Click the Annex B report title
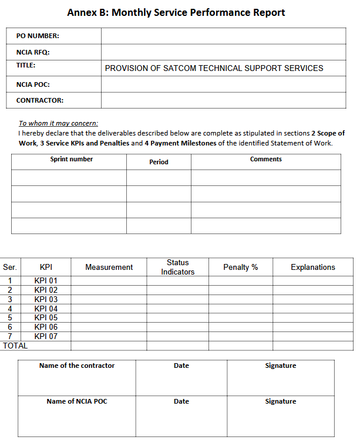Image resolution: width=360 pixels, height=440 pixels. (176, 12)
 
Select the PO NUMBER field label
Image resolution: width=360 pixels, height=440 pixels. (38, 36)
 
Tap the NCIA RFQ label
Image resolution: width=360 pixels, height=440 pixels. (33, 52)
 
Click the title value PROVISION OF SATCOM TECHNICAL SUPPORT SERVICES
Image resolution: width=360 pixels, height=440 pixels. (214, 68)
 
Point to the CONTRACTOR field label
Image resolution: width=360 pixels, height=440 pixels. (39, 100)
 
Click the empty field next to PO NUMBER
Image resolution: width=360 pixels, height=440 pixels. (223, 36)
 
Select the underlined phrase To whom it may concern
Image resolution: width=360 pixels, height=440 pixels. (58, 123)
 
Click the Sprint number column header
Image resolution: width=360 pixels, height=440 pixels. (72, 160)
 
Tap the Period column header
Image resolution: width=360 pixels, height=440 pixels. (159, 162)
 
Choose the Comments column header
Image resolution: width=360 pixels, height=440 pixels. (265, 160)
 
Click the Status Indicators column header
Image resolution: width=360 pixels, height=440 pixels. (177, 267)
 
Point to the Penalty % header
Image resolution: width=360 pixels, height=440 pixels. (240, 267)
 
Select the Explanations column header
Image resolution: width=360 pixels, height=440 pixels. (312, 267)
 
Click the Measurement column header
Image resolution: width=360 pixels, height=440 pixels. (109, 267)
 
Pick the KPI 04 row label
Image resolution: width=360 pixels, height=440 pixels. (46, 309)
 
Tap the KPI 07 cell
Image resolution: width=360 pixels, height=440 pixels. (46, 336)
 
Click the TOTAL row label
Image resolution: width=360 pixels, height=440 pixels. (15, 346)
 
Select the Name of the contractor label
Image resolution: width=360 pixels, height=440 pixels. (77, 365)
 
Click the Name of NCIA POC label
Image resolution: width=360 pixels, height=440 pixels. (77, 401)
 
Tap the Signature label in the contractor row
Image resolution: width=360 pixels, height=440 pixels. (280, 365)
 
